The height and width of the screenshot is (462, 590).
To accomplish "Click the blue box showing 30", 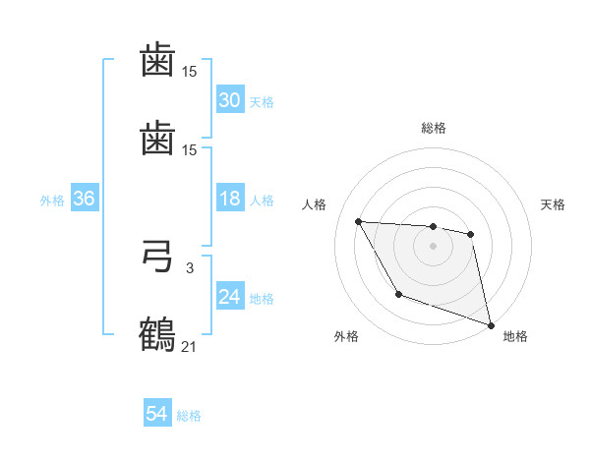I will (229, 100).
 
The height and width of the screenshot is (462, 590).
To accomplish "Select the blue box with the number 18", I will (229, 200).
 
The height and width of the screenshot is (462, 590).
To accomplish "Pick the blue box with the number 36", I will (84, 200).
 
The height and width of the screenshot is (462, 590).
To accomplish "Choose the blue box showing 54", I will (156, 415).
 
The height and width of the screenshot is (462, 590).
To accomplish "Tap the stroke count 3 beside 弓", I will (189, 266).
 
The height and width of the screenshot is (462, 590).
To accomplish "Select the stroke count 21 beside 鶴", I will (189, 345).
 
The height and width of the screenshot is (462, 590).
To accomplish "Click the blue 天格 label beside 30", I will (261, 102).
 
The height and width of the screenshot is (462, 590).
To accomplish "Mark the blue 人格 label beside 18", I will (261, 201).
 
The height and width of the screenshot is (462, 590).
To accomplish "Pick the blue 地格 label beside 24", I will (261, 299).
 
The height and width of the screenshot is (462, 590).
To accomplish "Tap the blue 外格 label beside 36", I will (52, 201).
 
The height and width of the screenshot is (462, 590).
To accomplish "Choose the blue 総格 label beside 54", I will (189, 416).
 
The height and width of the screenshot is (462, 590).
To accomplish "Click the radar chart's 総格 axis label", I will (433, 128).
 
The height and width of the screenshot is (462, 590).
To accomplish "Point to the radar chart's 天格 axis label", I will (553, 204).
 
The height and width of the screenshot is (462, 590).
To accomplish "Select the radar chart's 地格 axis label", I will (515, 336).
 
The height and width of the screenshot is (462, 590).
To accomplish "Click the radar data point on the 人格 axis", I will (358, 221).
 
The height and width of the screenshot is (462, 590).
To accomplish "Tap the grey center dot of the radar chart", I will (433, 246).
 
